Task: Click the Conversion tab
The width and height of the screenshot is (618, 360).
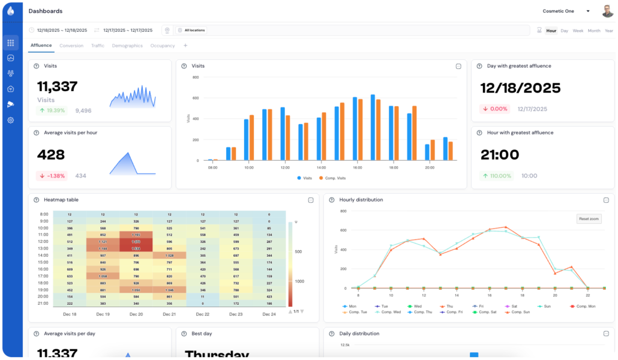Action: tap(71, 46)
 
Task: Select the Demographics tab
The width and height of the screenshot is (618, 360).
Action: tap(127, 46)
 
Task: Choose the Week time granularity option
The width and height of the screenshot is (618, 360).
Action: tap(578, 30)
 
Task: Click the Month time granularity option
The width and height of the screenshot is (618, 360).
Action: tap(594, 30)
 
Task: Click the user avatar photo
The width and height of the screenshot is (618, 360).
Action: tap(608, 11)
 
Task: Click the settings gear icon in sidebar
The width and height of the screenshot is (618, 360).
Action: tap(11, 120)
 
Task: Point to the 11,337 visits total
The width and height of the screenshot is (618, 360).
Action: tap(58, 86)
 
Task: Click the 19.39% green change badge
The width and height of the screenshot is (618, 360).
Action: tap(52, 110)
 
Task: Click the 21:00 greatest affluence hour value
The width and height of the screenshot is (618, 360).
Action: tap(500, 155)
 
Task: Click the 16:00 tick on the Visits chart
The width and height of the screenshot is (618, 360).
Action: tap(357, 168)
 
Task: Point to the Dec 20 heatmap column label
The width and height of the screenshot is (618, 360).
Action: tap(136, 314)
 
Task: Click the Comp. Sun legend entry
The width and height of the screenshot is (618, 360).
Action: tap(518, 312)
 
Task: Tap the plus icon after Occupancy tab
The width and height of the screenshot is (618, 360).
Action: tap(185, 46)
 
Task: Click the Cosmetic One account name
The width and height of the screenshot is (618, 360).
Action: tap(559, 11)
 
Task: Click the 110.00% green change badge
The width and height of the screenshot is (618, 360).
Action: tap(497, 176)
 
